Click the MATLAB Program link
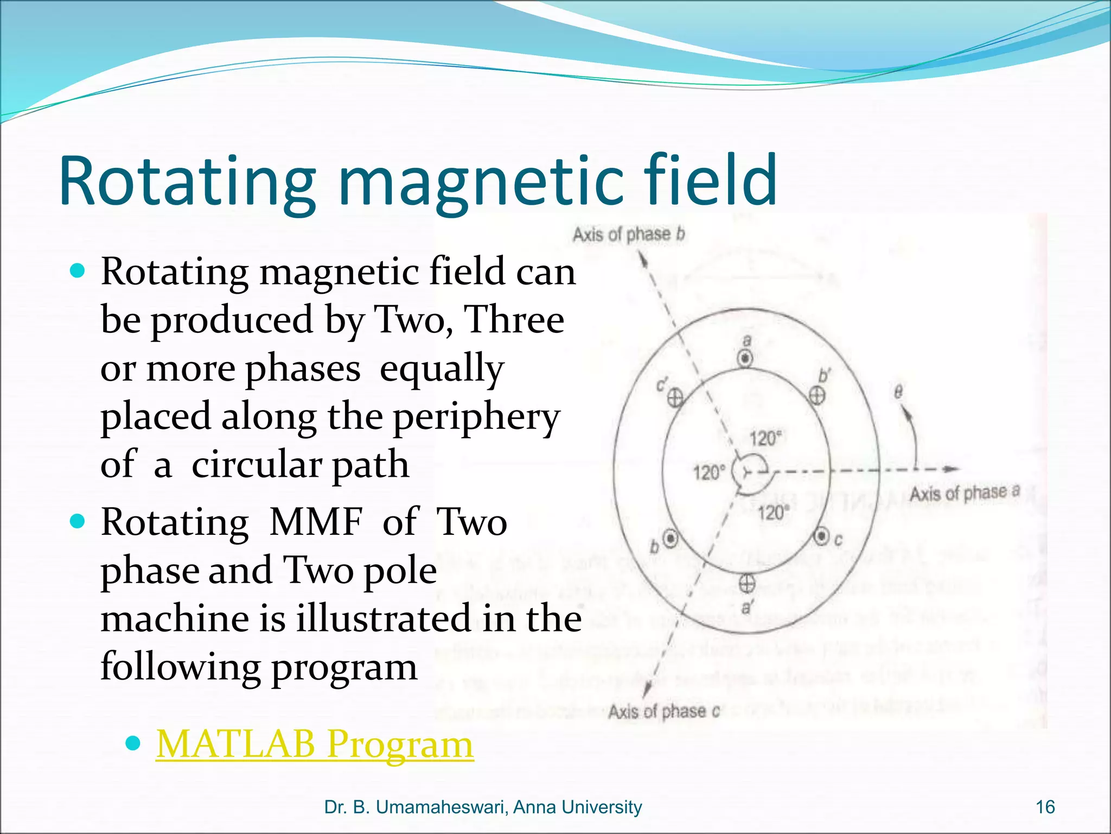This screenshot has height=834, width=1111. click(315, 745)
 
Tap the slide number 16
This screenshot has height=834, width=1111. click(1045, 807)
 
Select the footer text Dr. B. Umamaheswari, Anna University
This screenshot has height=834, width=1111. click(483, 807)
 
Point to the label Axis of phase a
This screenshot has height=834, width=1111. click(965, 493)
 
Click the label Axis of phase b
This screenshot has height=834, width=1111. click(629, 235)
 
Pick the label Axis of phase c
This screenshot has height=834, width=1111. click(663, 711)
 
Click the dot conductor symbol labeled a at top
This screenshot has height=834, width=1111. click(746, 359)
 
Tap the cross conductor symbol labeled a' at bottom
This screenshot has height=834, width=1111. click(747, 584)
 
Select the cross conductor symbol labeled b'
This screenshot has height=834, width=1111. click(817, 395)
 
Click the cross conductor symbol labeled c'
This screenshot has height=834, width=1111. click(675, 399)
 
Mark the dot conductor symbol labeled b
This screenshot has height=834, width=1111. click(671, 538)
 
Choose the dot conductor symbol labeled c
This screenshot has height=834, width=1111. click(821, 536)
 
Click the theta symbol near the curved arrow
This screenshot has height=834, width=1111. click(898, 391)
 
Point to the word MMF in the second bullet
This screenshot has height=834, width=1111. click(315, 522)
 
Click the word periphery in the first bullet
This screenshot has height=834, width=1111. click(476, 418)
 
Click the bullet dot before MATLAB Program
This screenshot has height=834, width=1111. click(133, 743)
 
